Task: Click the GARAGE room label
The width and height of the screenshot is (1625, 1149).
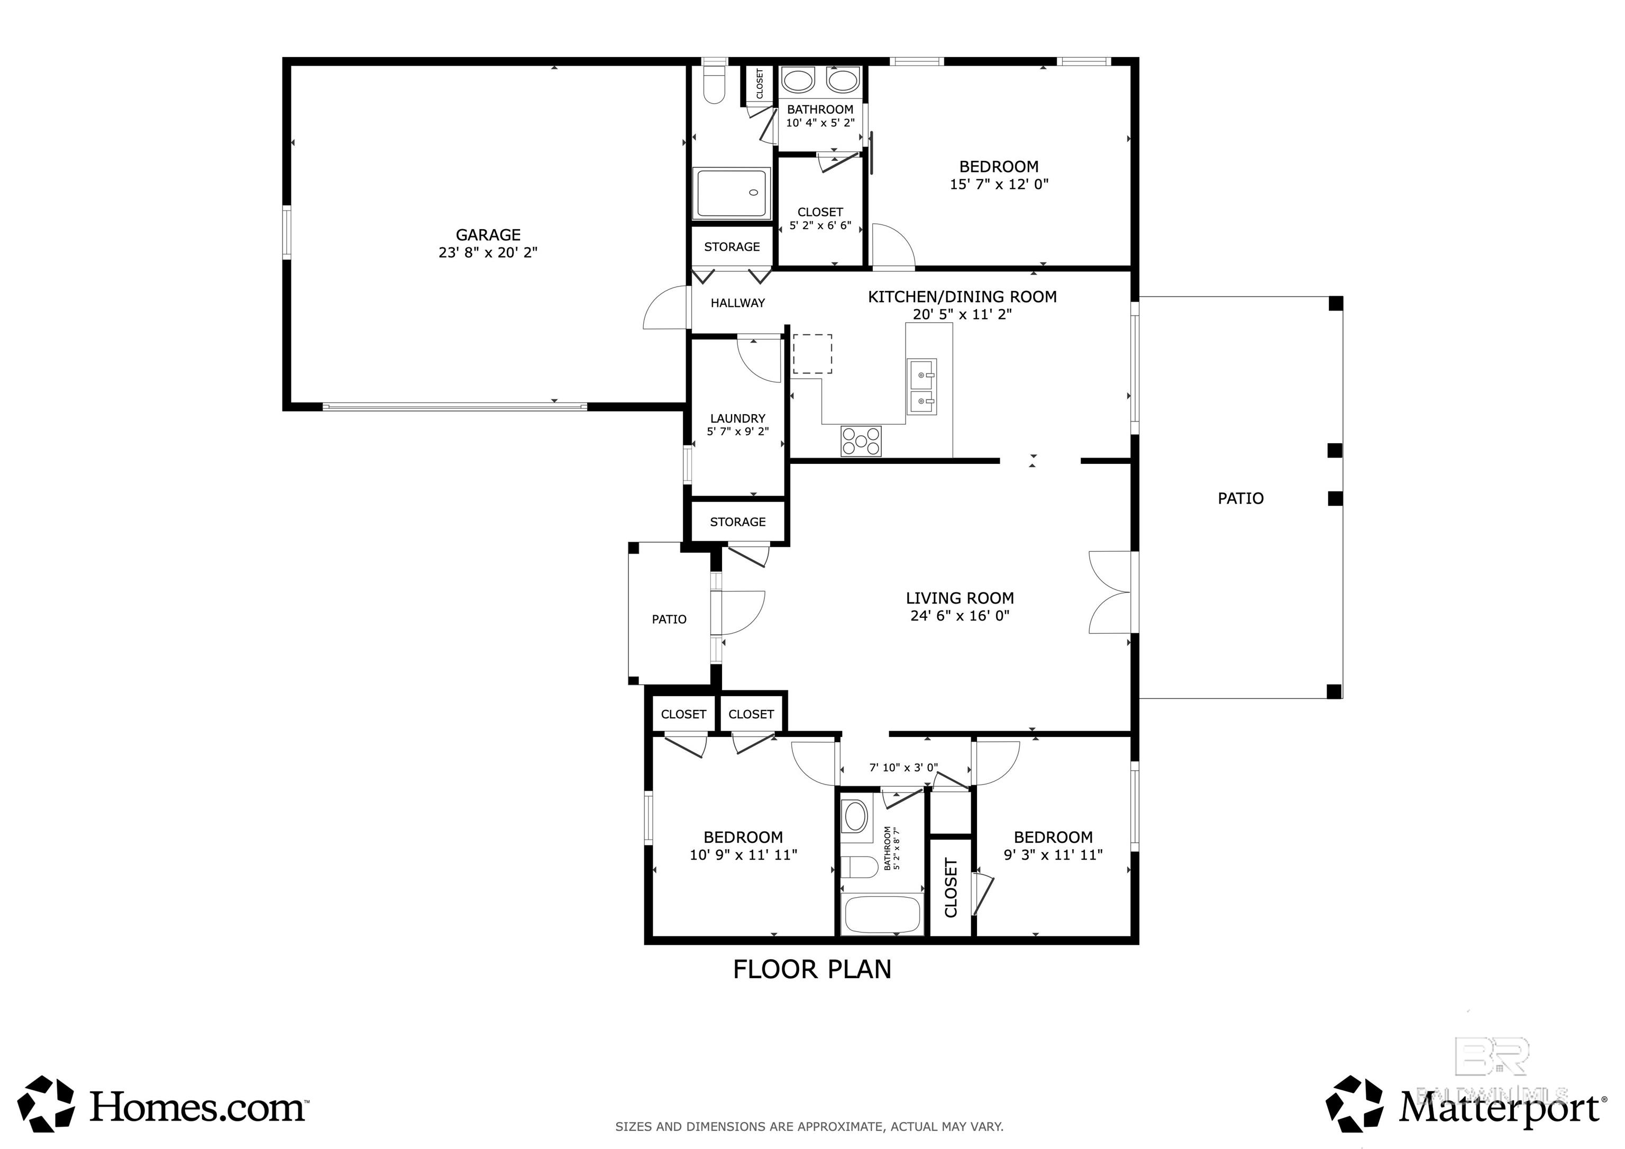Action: tap(488, 234)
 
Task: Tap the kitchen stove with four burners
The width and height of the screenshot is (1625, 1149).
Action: tap(861, 441)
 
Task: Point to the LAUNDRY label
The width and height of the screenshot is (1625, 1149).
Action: tap(737, 418)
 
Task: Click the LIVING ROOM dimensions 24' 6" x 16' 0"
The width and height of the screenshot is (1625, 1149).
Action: tap(960, 616)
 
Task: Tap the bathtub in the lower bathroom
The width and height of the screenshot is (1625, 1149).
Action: tap(881, 915)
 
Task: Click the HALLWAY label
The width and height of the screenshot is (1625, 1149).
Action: tap(737, 303)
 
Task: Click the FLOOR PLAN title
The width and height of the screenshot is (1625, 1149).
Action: tap(812, 969)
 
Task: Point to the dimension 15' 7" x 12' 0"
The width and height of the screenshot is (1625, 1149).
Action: tap(999, 185)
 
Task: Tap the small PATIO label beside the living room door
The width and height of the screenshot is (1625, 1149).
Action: tap(669, 619)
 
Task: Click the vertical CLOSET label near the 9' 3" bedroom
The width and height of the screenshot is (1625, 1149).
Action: tap(951, 888)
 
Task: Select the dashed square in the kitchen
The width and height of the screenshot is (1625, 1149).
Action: tap(812, 354)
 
